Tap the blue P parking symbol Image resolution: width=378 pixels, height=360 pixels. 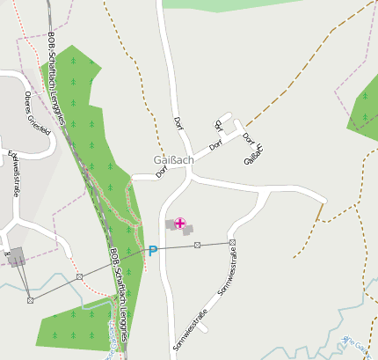coord(152,251)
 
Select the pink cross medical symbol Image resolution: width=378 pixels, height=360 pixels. coord(180,224)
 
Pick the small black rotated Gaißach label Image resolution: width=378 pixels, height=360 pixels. coord(253,154)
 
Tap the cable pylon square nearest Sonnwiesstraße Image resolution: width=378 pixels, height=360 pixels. coord(232,242)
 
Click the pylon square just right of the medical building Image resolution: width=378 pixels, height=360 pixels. coord(198,245)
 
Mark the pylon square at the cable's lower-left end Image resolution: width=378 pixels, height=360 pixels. coord(30,299)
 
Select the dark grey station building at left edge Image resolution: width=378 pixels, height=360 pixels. coord(18,256)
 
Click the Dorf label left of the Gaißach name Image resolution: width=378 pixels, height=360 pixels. coord(162,172)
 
